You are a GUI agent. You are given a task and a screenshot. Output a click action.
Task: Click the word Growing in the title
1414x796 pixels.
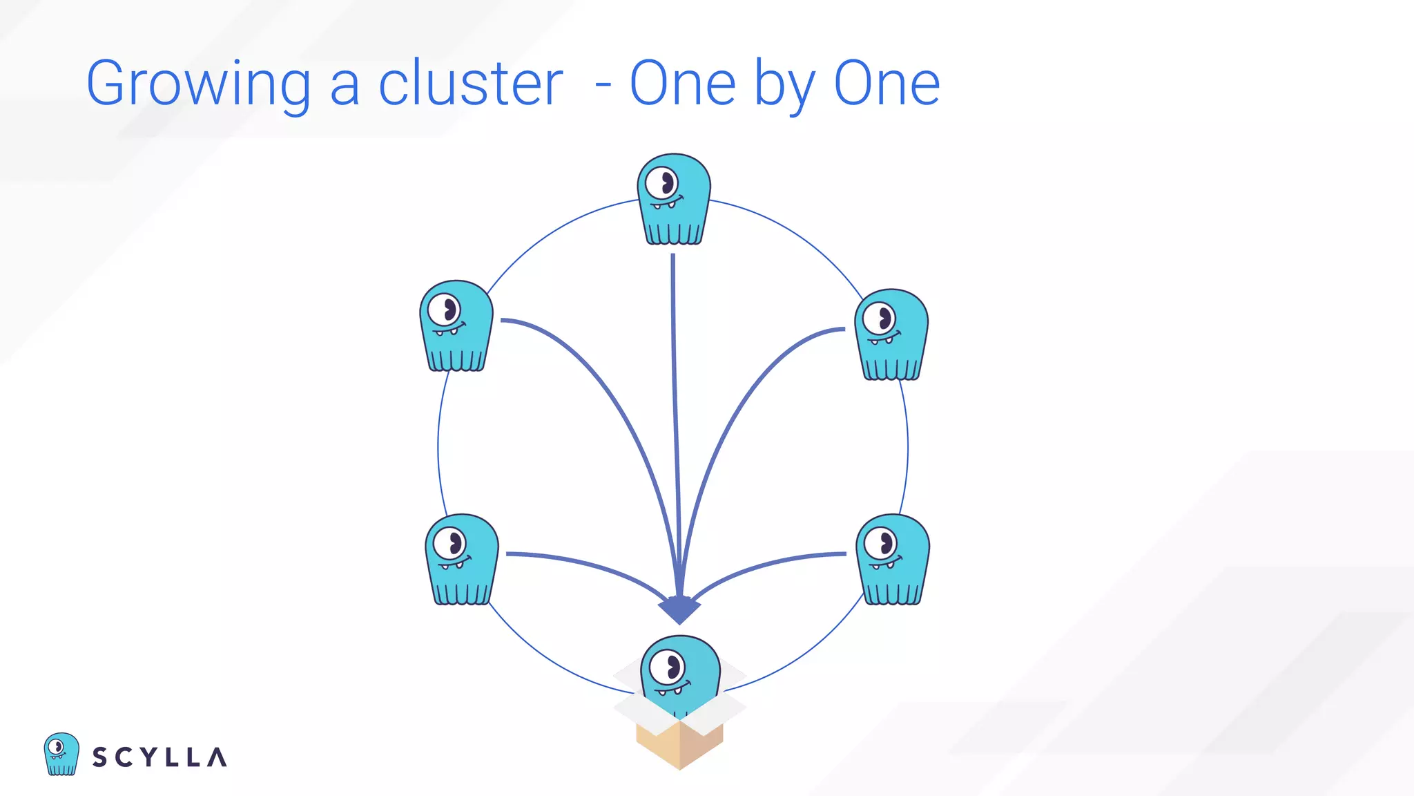point(198,84)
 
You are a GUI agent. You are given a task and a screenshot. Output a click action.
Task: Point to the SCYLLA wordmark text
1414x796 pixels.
point(159,757)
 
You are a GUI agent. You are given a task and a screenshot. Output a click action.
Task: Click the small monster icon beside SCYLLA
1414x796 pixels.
point(61,754)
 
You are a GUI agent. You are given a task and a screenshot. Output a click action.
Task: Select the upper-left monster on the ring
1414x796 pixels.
point(456,325)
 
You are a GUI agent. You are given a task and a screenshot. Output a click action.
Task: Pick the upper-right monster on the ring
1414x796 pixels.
point(891,334)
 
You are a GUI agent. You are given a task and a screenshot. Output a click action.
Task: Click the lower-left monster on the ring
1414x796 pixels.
point(461,559)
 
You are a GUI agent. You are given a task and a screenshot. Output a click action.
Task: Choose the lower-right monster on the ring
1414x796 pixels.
point(893,559)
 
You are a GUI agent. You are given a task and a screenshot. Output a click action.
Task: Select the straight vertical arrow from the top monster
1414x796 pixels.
point(675,415)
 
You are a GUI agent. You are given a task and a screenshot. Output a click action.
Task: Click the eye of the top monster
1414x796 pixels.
point(663,183)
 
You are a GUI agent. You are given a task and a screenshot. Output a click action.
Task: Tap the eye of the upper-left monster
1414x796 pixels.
point(444,310)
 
